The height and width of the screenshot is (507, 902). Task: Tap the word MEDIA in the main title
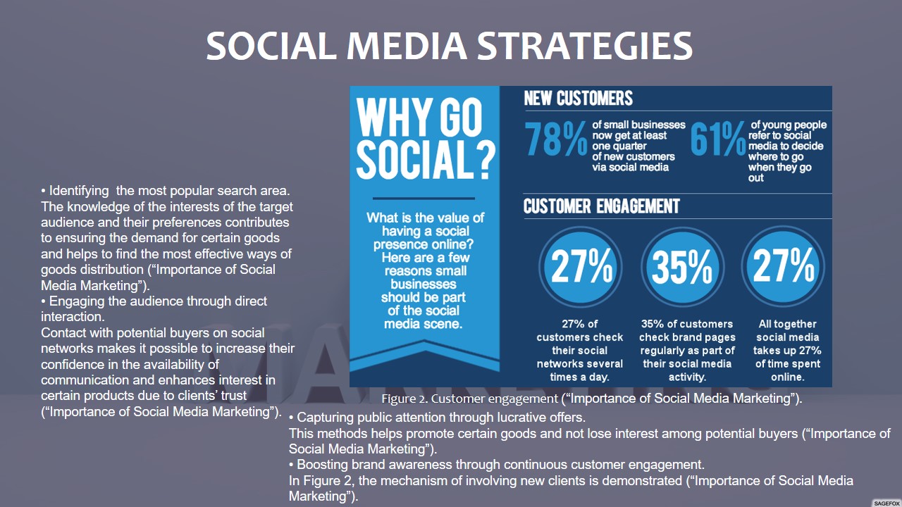407,46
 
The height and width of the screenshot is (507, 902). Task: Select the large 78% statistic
556,139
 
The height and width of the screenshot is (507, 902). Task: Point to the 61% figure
718,139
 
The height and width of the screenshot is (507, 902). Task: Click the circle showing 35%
683,267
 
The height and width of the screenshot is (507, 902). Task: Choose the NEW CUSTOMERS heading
579,98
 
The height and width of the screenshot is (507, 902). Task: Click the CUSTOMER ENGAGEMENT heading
602,206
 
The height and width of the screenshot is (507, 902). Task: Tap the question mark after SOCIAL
486,160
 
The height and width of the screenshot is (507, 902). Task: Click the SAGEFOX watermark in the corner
886,503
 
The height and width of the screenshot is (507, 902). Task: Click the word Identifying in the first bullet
79,191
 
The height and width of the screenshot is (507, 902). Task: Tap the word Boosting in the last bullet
322,465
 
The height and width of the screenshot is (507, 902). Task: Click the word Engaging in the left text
76,301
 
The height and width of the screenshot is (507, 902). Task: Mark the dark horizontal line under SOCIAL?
424,199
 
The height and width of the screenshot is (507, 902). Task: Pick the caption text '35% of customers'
687,324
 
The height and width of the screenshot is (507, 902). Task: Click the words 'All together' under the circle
787,324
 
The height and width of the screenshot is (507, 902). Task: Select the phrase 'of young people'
789,125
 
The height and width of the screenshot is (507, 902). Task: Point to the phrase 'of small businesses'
638,125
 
